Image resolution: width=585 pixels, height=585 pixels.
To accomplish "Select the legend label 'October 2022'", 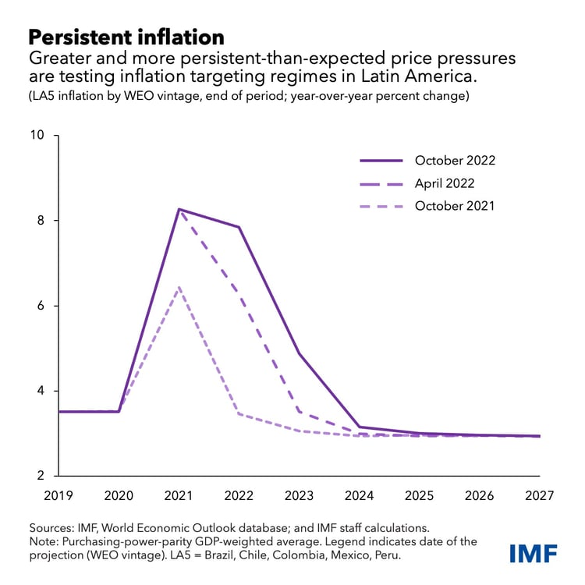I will (x=455, y=161).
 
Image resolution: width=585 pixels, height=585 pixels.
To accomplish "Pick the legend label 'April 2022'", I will (x=444, y=183).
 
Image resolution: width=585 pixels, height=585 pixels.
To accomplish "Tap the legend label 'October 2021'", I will (x=455, y=206).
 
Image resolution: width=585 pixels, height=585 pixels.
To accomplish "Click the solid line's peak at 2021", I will (x=179, y=209).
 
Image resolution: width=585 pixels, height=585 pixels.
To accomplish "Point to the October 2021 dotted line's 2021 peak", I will (x=179, y=287).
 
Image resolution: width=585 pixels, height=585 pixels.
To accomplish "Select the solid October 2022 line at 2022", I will (x=239, y=227).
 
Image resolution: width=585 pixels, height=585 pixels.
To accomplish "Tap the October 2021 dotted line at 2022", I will (x=239, y=413).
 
